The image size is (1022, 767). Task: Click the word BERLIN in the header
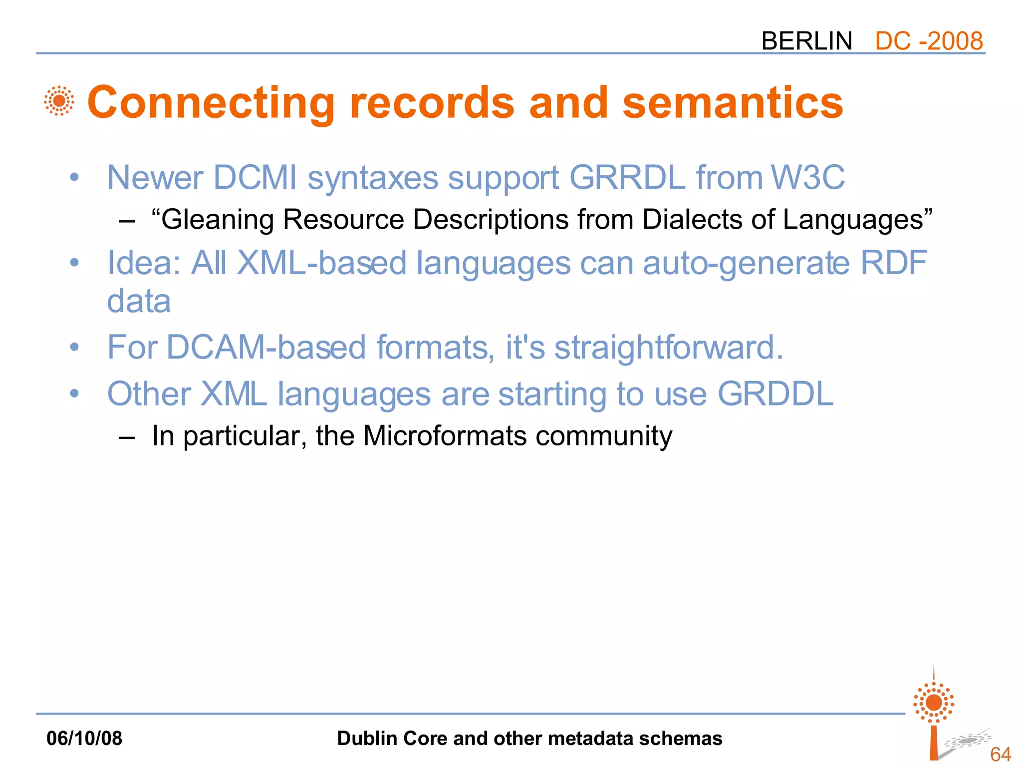[x=806, y=41]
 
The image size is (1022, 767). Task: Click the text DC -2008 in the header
[x=929, y=41]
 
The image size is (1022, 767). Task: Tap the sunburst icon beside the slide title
[x=59, y=101]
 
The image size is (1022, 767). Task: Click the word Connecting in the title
[x=211, y=103]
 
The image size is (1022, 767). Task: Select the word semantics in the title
[x=733, y=103]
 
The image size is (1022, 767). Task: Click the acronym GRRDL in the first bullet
[x=627, y=178]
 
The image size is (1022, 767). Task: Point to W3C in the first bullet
[x=807, y=178]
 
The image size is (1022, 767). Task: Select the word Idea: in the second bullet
[x=144, y=263]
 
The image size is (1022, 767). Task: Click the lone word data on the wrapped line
[x=139, y=302]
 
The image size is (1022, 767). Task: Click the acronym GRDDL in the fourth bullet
[x=775, y=394]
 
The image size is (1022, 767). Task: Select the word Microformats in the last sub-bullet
[x=445, y=436]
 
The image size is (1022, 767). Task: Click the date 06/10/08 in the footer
[x=84, y=739]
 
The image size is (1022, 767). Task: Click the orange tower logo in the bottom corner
[x=934, y=714]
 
